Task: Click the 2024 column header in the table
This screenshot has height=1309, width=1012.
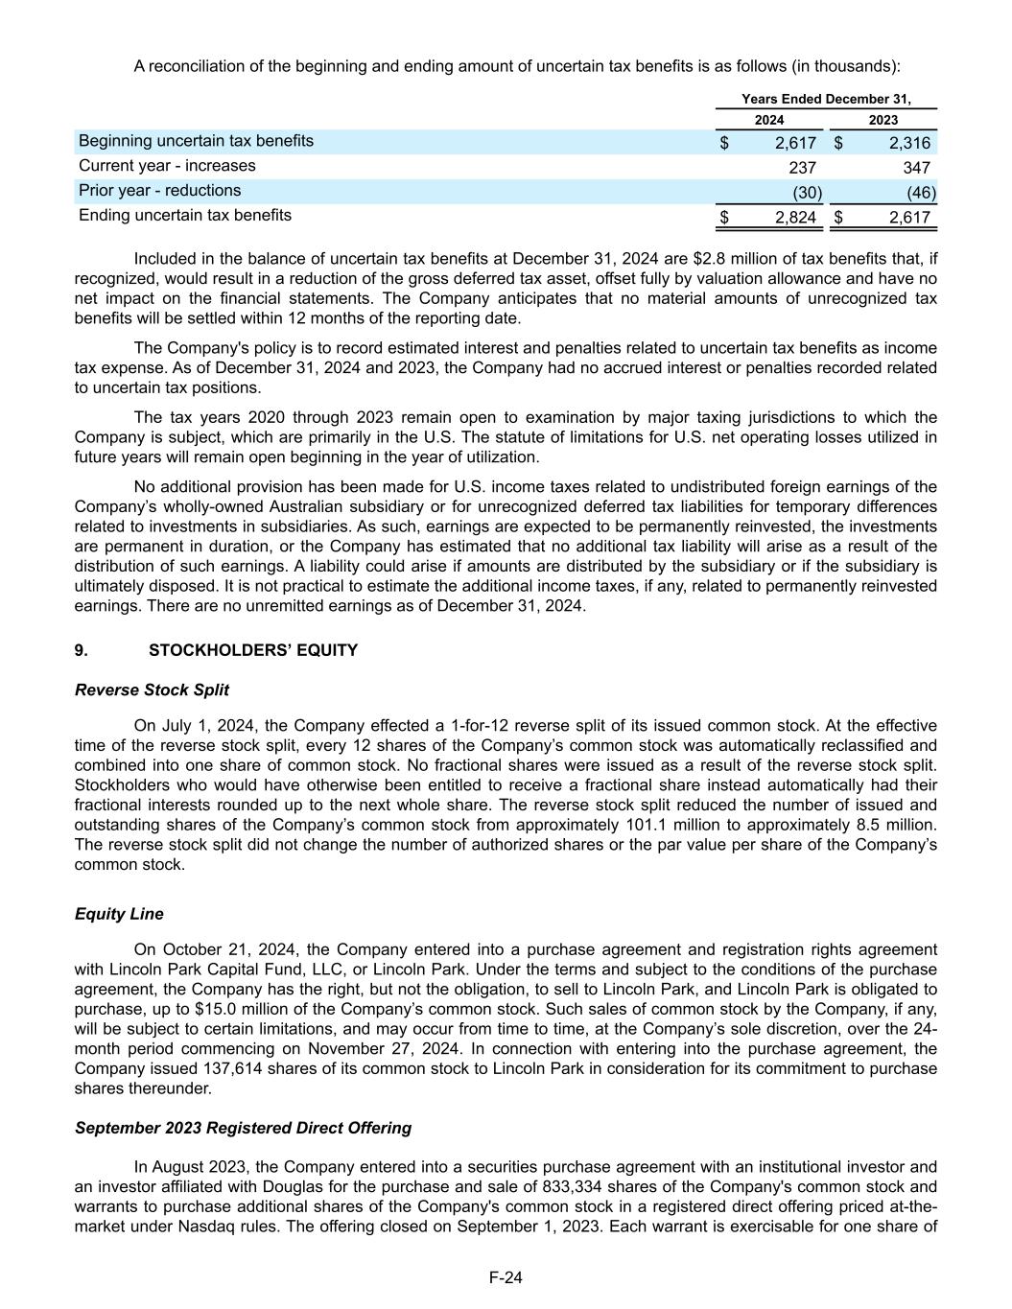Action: [768, 120]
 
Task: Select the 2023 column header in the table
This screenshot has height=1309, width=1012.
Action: [883, 120]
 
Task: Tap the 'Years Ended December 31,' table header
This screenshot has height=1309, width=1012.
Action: [826, 99]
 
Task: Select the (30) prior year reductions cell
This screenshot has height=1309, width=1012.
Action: [806, 193]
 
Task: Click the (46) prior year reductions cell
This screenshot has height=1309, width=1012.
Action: [921, 193]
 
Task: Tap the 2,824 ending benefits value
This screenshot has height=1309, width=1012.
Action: [795, 218]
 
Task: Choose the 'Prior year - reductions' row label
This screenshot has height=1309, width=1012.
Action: [160, 191]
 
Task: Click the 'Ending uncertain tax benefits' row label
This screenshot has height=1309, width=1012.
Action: [185, 215]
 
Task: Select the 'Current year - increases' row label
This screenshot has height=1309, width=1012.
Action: [167, 166]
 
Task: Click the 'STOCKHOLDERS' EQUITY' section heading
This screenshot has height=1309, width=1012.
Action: [253, 650]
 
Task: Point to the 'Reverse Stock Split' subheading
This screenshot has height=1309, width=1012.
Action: [152, 690]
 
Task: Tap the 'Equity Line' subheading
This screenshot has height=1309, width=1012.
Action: [119, 914]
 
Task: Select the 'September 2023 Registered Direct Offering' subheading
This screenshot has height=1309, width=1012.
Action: [243, 1128]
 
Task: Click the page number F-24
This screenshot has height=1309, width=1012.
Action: [506, 1277]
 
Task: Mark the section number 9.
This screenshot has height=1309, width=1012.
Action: [81, 650]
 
